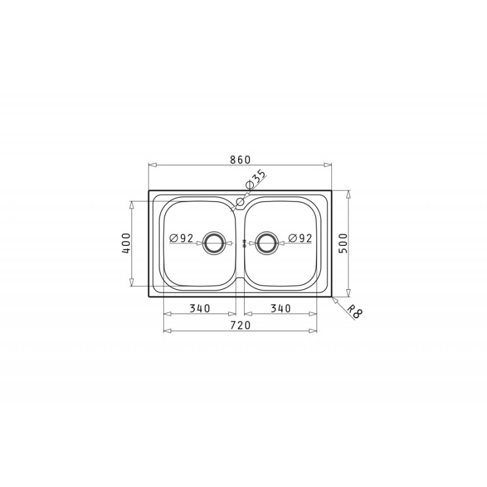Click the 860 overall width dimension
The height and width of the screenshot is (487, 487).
(240, 159)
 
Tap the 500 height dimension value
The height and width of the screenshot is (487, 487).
(343, 243)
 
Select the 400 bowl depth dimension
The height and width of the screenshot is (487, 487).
(127, 243)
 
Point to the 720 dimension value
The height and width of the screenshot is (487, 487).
(240, 325)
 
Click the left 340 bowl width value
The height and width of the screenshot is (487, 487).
(200, 309)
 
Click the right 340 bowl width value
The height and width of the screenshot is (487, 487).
(281, 309)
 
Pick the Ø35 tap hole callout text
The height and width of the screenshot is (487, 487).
(256, 179)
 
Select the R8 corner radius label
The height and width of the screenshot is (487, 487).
(354, 312)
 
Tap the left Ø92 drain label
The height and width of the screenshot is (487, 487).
(181, 238)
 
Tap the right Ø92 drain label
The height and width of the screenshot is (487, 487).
(300, 238)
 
